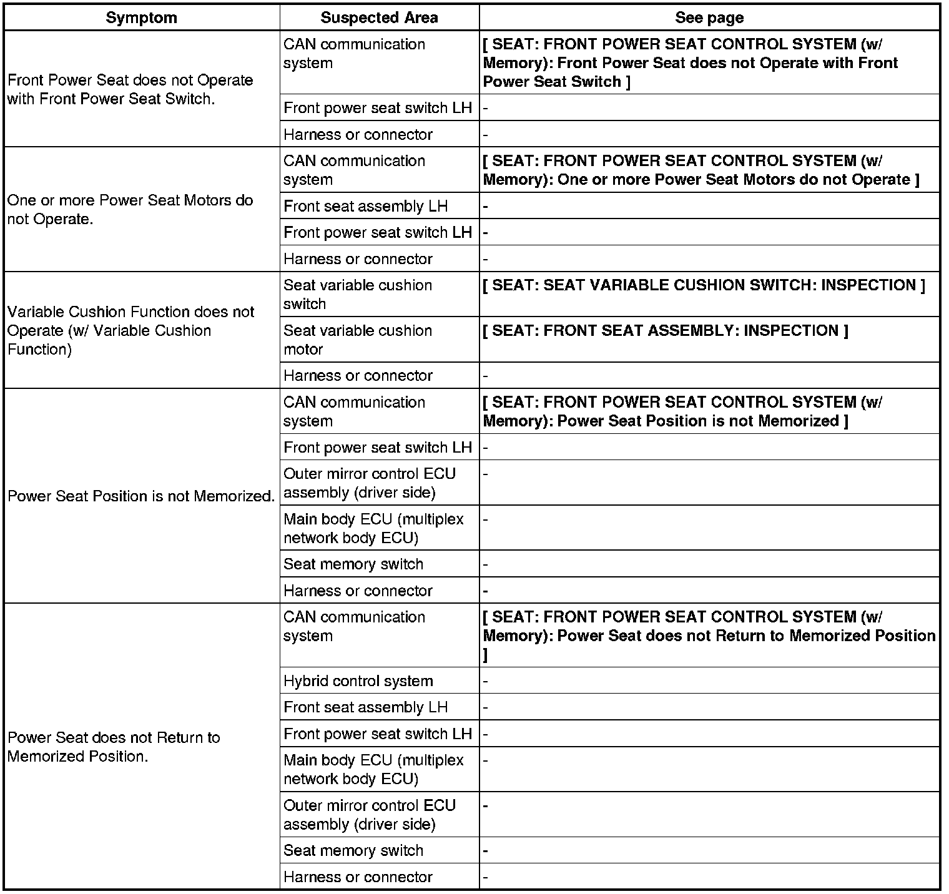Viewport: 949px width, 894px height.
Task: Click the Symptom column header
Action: (x=141, y=17)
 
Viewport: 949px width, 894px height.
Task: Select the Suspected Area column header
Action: (x=379, y=17)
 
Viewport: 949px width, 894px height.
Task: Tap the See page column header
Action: (x=709, y=17)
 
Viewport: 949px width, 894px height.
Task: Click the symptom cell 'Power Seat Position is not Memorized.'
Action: (x=141, y=496)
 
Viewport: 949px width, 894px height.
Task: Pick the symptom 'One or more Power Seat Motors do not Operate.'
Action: (x=130, y=210)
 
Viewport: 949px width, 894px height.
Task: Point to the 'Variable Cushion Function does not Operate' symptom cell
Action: (x=131, y=330)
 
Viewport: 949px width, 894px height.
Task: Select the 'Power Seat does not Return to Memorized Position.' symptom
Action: (x=114, y=747)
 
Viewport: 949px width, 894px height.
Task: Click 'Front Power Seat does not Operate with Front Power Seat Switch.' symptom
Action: (x=130, y=89)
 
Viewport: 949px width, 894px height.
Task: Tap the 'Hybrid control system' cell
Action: (x=358, y=681)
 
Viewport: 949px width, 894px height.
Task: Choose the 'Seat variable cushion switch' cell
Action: (x=358, y=295)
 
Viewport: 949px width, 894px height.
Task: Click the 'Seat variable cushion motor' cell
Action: (x=358, y=340)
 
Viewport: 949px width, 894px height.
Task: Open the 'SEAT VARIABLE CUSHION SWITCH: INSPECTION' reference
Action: (x=704, y=285)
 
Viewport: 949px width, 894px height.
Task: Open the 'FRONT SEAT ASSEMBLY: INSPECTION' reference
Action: (x=666, y=331)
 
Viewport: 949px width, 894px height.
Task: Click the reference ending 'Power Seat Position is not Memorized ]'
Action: (x=683, y=411)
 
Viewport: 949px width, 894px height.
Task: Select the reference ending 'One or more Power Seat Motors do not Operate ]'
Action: (x=701, y=170)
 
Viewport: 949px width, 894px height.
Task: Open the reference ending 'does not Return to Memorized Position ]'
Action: (x=709, y=636)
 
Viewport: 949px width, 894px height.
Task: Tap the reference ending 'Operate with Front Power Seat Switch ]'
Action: (x=691, y=63)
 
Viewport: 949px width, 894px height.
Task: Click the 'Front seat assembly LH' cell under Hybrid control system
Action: (x=365, y=707)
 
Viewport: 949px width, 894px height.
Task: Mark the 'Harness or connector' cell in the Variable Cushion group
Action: (x=358, y=376)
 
